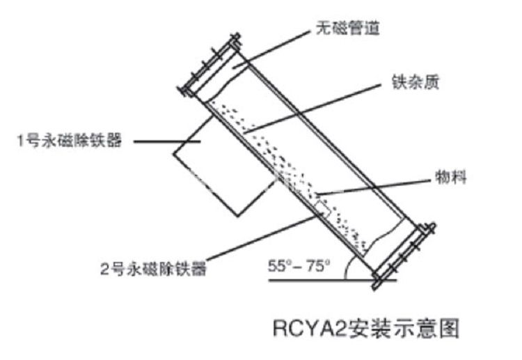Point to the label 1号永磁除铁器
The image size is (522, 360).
(x=70, y=141)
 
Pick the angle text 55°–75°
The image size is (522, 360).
(x=299, y=265)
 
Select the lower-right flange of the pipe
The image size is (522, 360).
(x=404, y=255)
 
